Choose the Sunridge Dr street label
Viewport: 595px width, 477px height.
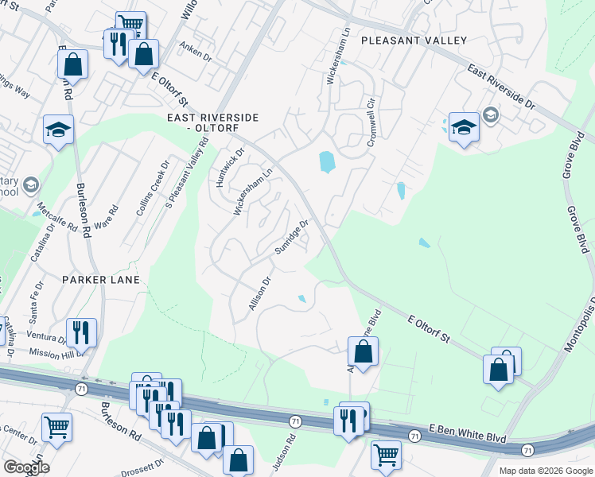[291, 237]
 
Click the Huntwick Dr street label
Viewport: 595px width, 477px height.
[228, 168]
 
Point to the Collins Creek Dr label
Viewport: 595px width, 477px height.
[152, 195]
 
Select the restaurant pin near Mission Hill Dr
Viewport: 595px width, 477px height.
[81, 331]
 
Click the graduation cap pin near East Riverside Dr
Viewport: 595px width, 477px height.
[463, 126]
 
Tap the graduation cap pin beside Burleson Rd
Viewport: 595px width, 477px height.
[58, 129]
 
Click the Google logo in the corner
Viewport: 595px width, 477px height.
[26, 467]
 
